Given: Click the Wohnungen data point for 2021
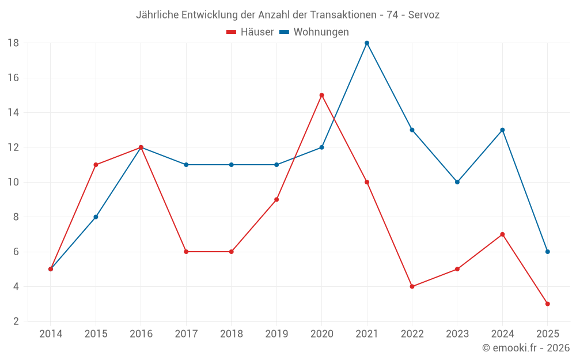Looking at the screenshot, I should (367, 43).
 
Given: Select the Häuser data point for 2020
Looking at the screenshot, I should (321, 95).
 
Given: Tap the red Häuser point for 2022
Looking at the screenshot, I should (412, 286).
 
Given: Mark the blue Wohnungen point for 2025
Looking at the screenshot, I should (547, 252).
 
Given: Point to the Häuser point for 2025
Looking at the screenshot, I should (547, 304).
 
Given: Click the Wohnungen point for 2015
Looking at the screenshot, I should (96, 217).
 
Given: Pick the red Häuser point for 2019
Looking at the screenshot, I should (276, 199).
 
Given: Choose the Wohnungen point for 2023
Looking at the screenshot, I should (457, 182).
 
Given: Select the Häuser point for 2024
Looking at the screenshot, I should (502, 234).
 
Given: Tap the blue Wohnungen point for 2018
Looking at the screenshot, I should (231, 165).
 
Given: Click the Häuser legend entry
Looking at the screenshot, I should (250, 32).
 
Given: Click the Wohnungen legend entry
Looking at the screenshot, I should (314, 32).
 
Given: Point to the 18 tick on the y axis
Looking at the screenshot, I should (13, 43).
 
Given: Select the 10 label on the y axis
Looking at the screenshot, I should (13, 182).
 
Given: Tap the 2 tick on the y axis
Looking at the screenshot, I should (16, 321).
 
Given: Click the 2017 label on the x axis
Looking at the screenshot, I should (186, 334).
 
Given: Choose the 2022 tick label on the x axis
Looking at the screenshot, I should (412, 334).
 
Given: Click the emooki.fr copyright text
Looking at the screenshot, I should (525, 348).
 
